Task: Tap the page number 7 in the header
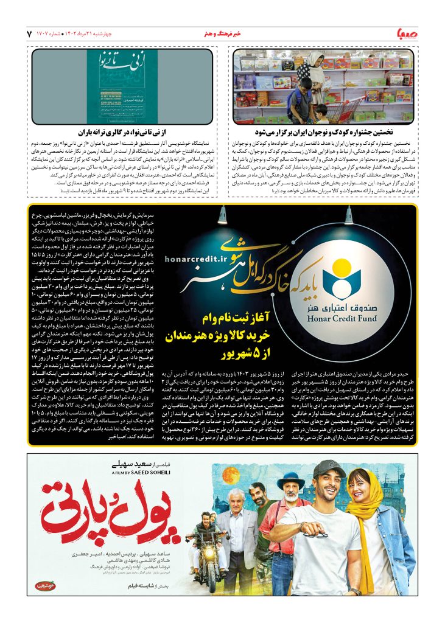29,32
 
